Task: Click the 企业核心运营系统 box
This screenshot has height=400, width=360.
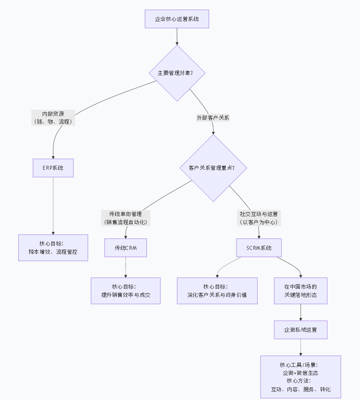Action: click(177, 19)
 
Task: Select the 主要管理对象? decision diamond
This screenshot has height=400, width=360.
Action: click(177, 73)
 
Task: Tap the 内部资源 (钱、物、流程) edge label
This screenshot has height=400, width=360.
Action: click(53, 118)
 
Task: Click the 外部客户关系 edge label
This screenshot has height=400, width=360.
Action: click(213, 118)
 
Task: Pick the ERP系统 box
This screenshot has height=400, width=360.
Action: click(53, 168)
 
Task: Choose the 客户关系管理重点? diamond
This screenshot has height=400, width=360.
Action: click(213, 168)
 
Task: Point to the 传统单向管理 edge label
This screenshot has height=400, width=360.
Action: click(126, 218)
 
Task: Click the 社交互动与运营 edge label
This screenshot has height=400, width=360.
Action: click(259, 218)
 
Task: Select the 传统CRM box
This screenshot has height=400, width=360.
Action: click(126, 248)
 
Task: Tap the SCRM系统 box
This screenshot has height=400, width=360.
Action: click(259, 248)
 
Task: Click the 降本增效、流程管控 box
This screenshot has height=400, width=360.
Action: click(53, 248)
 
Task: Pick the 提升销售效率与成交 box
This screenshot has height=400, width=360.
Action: click(126, 291)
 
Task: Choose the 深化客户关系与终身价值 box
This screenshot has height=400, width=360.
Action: click(217, 291)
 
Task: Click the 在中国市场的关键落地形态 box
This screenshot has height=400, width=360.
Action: click(300, 291)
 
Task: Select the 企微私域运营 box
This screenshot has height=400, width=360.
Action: click(300, 329)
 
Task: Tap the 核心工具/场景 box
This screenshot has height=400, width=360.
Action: click(300, 376)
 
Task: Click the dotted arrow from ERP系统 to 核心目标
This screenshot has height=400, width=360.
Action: click(53, 205)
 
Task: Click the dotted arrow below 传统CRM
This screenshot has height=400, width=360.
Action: click(126, 267)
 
